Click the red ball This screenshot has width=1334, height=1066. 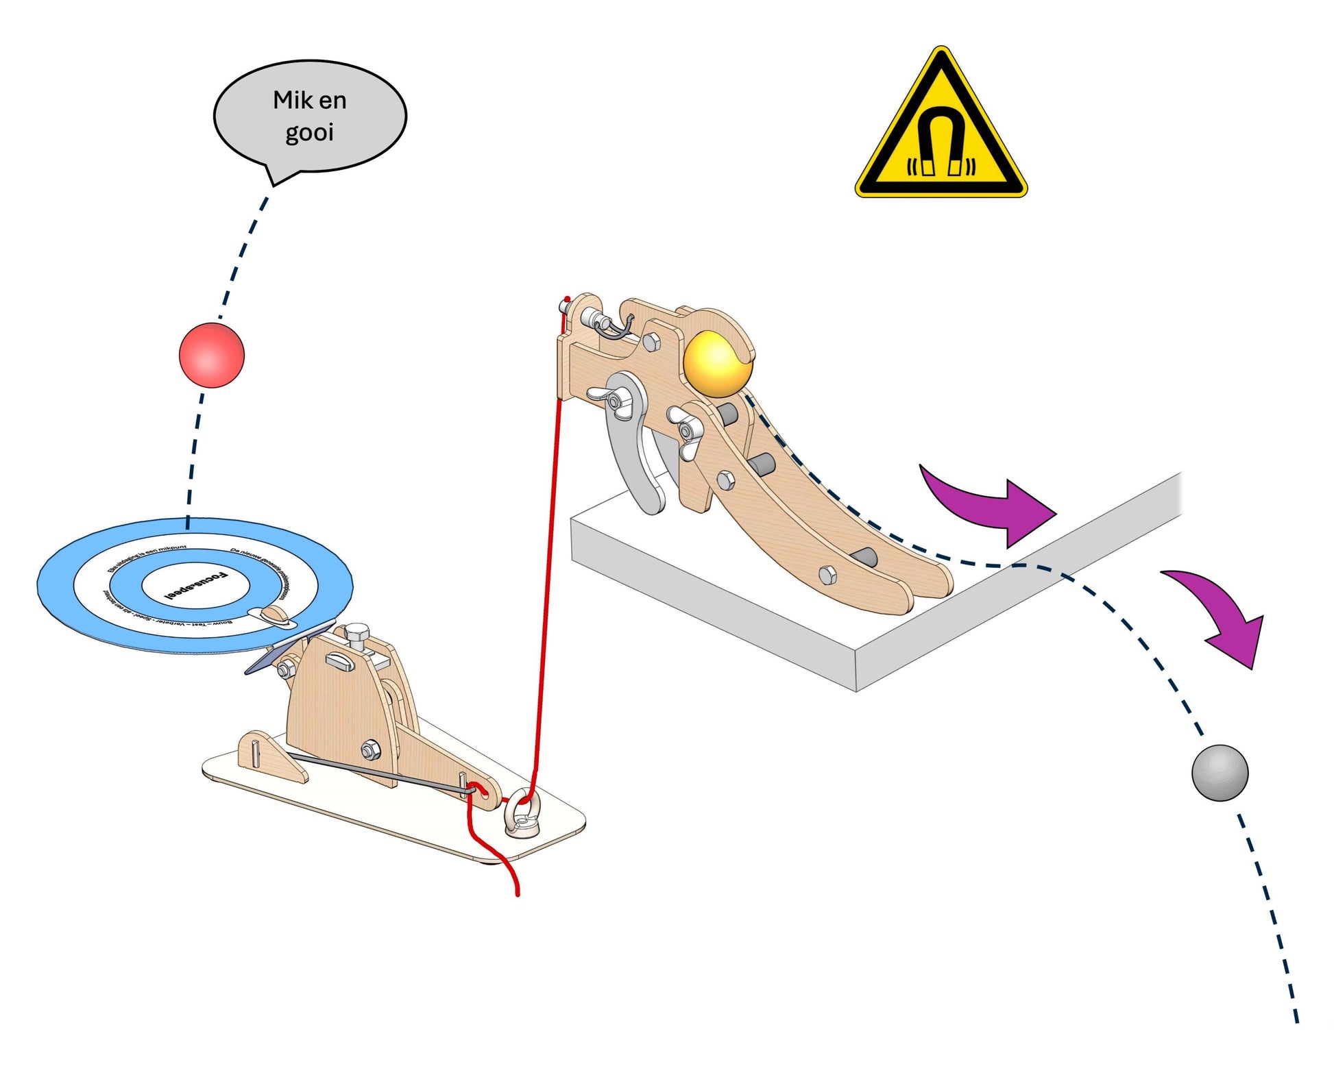click(x=211, y=355)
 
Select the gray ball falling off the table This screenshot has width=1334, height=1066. click(x=1220, y=772)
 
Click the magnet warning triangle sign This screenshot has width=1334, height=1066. click(x=941, y=130)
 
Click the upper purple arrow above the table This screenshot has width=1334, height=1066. click(x=987, y=504)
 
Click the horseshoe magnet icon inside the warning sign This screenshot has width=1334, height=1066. click(x=941, y=144)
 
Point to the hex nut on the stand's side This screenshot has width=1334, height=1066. click(x=369, y=751)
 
